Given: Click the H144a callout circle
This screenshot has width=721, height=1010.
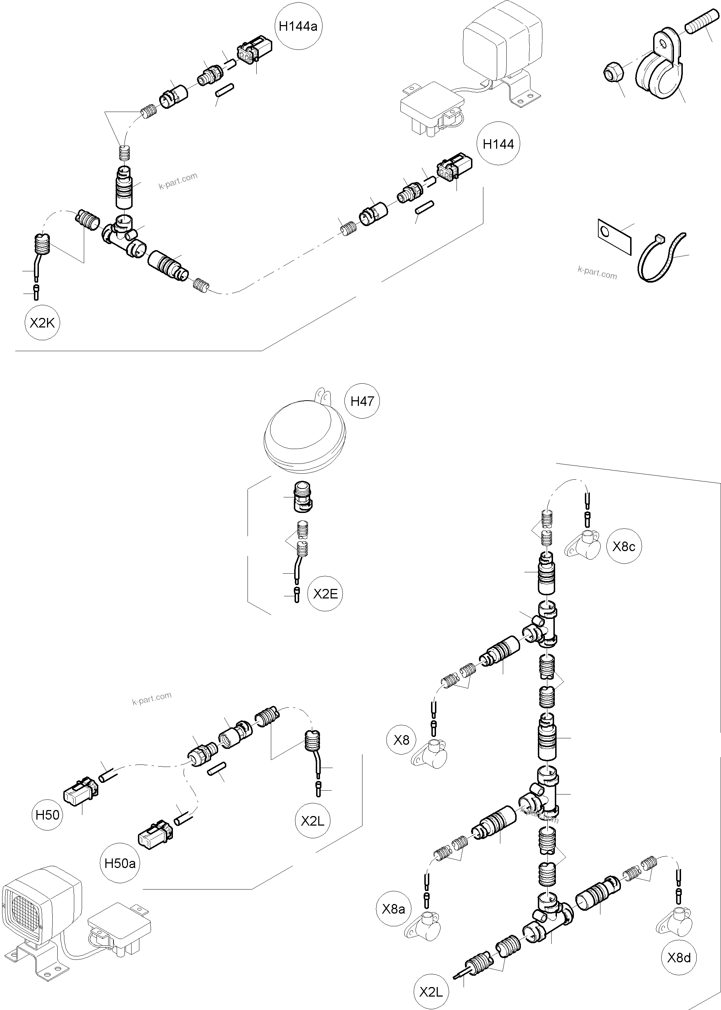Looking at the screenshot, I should tap(298, 26).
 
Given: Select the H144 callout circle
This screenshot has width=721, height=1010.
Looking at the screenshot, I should tap(498, 144).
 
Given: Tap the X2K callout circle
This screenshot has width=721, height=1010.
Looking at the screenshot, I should tap(42, 323).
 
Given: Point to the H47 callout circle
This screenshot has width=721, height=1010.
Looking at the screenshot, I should tap(362, 401).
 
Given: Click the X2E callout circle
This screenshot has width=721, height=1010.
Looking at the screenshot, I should tap(325, 594).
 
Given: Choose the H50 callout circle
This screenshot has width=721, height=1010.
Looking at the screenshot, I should tap(47, 815).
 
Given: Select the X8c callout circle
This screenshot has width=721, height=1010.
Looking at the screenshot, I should tap(624, 547).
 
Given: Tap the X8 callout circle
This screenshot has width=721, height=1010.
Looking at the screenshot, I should tap(401, 739).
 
